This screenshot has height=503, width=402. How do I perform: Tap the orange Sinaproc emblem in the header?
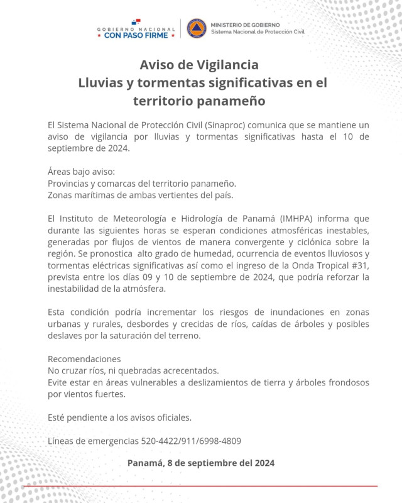click(x=197, y=28)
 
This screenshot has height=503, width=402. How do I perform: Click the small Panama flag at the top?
click(x=135, y=22)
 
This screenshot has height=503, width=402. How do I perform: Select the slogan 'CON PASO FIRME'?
click(x=136, y=36)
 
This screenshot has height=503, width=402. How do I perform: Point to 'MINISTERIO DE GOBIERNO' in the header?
click(x=240, y=24)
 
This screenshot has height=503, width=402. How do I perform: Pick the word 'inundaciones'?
click(x=283, y=312)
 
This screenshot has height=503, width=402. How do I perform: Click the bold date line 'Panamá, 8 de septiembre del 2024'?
click(x=200, y=464)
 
